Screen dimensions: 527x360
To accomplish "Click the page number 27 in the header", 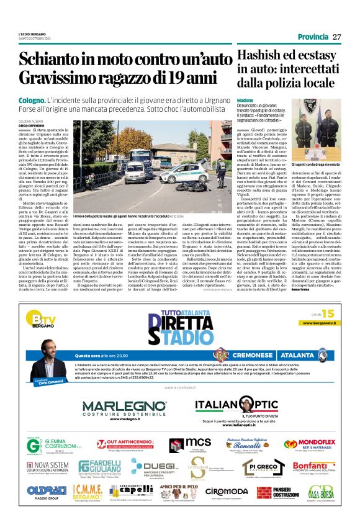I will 337,37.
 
